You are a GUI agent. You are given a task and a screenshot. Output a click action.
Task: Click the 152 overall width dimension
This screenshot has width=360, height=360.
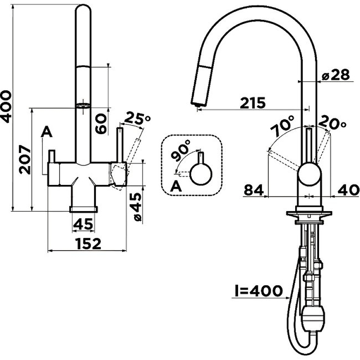pyautogui.click(x=88, y=243)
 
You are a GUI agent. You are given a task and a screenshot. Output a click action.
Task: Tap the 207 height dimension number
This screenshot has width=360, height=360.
pyautogui.click(x=25, y=159)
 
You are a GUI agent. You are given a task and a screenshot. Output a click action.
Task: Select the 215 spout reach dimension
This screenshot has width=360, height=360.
pyautogui.click(x=252, y=103)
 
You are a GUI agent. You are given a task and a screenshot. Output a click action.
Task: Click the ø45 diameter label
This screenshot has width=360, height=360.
pyautogui.click(x=137, y=207)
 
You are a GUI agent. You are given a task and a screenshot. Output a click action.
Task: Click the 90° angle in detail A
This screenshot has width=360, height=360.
pyautogui.click(x=181, y=150)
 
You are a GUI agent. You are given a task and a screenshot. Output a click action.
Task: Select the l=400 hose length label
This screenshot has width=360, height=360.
pyautogui.click(x=258, y=291)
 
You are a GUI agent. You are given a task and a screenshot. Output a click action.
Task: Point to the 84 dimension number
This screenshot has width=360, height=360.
pyautogui.click(x=253, y=190)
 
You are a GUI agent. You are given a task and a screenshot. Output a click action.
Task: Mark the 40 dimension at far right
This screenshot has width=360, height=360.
pyautogui.click(x=348, y=190)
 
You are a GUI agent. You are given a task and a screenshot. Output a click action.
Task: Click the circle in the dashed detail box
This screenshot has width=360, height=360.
pyautogui.click(x=201, y=174)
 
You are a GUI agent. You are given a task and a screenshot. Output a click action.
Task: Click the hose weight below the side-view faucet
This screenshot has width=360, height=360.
pyautogui.click(x=313, y=319)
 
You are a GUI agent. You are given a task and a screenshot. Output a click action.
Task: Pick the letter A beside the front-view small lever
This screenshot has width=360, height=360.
pyautogui.click(x=47, y=131)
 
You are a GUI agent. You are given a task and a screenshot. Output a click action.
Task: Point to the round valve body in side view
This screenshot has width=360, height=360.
pyautogui.click(x=309, y=174)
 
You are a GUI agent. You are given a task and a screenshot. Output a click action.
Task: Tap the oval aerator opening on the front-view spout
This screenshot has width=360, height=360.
pyautogui.click(x=83, y=106)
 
